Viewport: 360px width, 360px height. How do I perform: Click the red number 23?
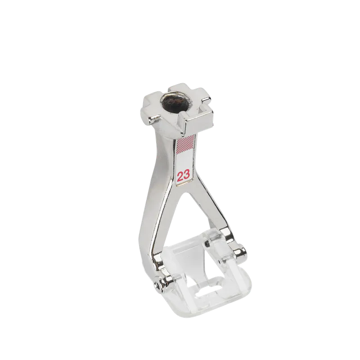[x=184, y=175]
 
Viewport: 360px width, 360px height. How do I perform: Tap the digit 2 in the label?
[x=180, y=176]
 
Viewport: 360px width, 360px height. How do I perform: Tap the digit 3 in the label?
[x=187, y=175]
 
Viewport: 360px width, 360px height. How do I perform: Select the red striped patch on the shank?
[x=185, y=144]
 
